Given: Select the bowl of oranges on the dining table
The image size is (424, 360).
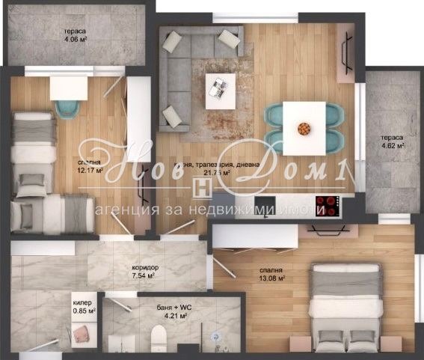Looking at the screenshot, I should (304, 128).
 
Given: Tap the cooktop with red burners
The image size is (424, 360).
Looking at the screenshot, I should (328, 203).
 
